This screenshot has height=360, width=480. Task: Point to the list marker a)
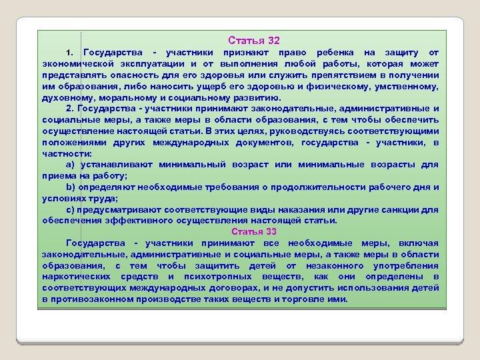pos(70,164)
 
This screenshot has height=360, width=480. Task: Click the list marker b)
pos(70,187)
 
